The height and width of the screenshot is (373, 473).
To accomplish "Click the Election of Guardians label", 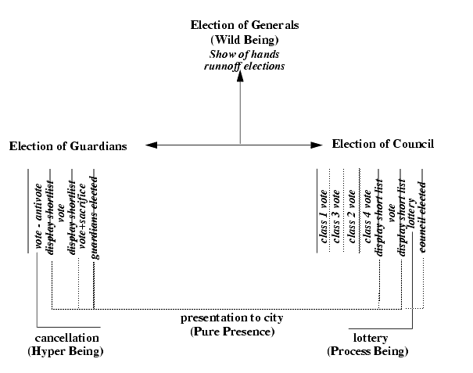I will pos(68,146).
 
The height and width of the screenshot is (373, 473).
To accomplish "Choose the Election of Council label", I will pos(383,144).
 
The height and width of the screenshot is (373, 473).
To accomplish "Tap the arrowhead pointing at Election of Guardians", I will pos(152,145).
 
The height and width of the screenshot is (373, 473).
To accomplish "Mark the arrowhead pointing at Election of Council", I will pos(316,145).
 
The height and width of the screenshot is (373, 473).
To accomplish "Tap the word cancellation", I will pos(67,338).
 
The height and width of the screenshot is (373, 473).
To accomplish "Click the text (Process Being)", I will pos(367,352).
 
